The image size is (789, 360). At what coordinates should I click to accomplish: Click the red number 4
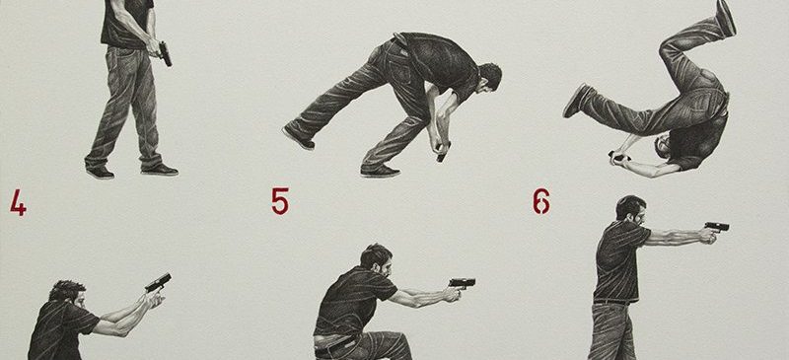pyautogui.click(x=18, y=202)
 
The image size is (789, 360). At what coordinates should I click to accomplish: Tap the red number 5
pyautogui.click(x=280, y=201)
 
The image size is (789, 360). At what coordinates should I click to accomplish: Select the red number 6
pyautogui.click(x=541, y=201)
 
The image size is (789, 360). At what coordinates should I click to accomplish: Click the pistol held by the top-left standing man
pyautogui.click(x=165, y=54)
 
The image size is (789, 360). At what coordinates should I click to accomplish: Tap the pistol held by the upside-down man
pyautogui.click(x=618, y=156)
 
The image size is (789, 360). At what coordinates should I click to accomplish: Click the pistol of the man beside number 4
pyautogui.click(x=158, y=282)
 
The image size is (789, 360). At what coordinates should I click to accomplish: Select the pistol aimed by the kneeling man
pyautogui.click(x=462, y=283)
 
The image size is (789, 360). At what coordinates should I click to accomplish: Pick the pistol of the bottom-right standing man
pyautogui.click(x=717, y=227)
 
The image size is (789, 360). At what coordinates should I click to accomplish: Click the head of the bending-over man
pyautogui.click(x=488, y=78)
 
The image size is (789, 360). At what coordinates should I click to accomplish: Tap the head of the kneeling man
pyautogui.click(x=377, y=259)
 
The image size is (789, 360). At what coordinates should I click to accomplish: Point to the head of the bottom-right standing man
pyautogui.click(x=631, y=210)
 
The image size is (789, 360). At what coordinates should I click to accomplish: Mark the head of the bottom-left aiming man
pyautogui.click(x=68, y=296)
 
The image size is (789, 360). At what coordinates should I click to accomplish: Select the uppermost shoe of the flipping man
pyautogui.click(x=725, y=18)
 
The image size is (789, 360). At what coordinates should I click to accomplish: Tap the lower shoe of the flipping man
pyautogui.click(x=577, y=100)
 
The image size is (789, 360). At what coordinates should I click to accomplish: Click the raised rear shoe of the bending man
pyautogui.click(x=299, y=138)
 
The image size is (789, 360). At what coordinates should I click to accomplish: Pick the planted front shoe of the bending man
pyautogui.click(x=380, y=172)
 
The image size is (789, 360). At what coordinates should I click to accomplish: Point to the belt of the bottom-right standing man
pyautogui.click(x=611, y=302)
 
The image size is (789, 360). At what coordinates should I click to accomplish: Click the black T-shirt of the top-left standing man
pyautogui.click(x=127, y=23)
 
